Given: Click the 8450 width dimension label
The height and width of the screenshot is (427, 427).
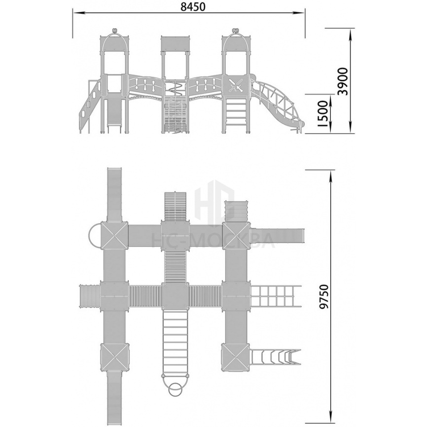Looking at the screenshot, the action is [x=193, y=7].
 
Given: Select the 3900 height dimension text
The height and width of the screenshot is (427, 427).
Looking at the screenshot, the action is [x=343, y=81].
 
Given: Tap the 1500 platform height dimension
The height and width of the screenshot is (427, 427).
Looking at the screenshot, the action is [x=322, y=113].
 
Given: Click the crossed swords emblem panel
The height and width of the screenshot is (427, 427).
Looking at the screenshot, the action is [x=236, y=85].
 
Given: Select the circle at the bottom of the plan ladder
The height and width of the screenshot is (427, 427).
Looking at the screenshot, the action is [x=176, y=390].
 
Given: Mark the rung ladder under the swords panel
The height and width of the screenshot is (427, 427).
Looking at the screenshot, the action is [x=236, y=113].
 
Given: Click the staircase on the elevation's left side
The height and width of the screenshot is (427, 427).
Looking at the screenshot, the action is [x=90, y=106].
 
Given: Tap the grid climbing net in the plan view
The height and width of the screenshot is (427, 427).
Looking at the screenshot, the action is [x=276, y=295].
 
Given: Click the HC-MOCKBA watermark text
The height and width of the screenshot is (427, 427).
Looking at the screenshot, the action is [x=213, y=241].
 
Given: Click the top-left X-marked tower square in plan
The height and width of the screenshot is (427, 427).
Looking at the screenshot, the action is [x=114, y=235].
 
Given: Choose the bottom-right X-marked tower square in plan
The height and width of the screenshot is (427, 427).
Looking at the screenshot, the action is [x=236, y=357].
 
